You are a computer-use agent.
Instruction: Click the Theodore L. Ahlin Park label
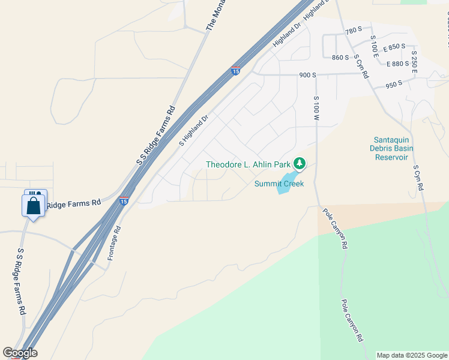[248, 164]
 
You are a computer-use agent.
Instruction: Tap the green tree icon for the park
[299, 163]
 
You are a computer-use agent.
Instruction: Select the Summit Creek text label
[279, 184]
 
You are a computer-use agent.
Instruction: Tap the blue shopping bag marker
[34, 206]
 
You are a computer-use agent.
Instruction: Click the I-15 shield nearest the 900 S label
[235, 71]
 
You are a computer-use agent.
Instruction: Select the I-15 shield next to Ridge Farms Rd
[124, 200]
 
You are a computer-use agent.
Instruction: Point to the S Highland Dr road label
[193, 131]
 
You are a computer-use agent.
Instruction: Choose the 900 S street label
[307, 75]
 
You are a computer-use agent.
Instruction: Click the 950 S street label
[394, 85]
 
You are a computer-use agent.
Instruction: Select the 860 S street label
[340, 58]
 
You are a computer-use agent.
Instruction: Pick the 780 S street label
[354, 29]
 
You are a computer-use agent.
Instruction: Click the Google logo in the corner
[20, 353]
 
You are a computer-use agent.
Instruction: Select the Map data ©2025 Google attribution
[412, 355]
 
